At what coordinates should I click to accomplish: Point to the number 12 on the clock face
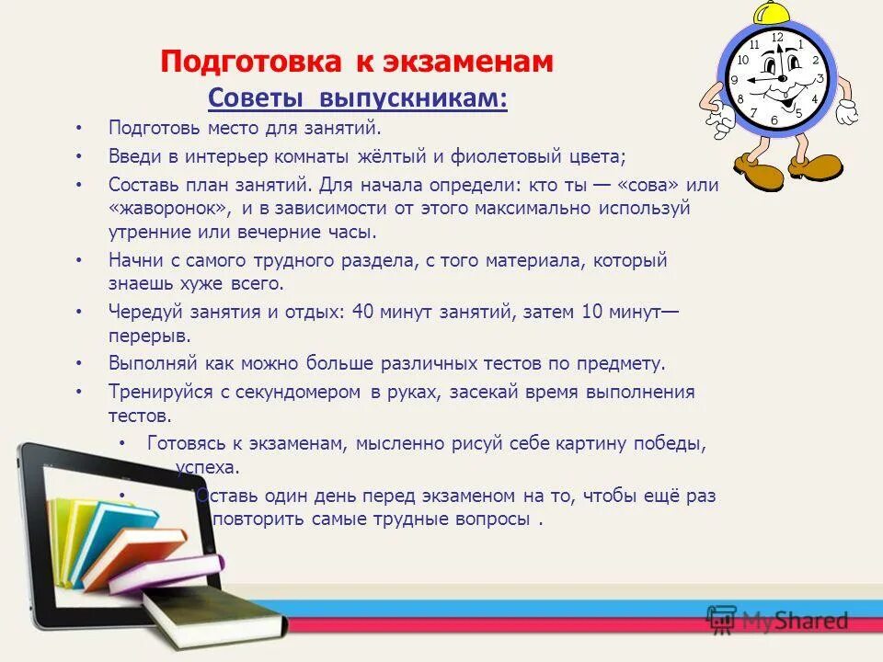[x=777, y=38]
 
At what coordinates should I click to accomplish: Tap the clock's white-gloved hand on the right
[x=846, y=112]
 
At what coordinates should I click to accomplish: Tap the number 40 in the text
[x=362, y=312]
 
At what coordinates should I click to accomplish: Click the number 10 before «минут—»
[x=591, y=312]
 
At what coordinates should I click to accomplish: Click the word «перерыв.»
[x=150, y=336]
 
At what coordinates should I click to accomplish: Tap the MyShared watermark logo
[x=777, y=621]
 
